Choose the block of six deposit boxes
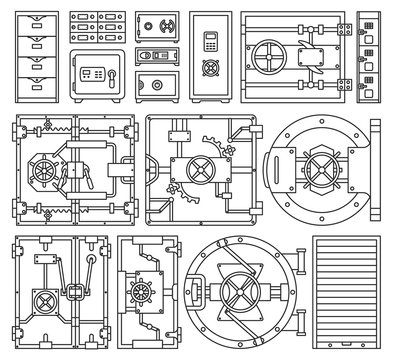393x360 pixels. [97, 28]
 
